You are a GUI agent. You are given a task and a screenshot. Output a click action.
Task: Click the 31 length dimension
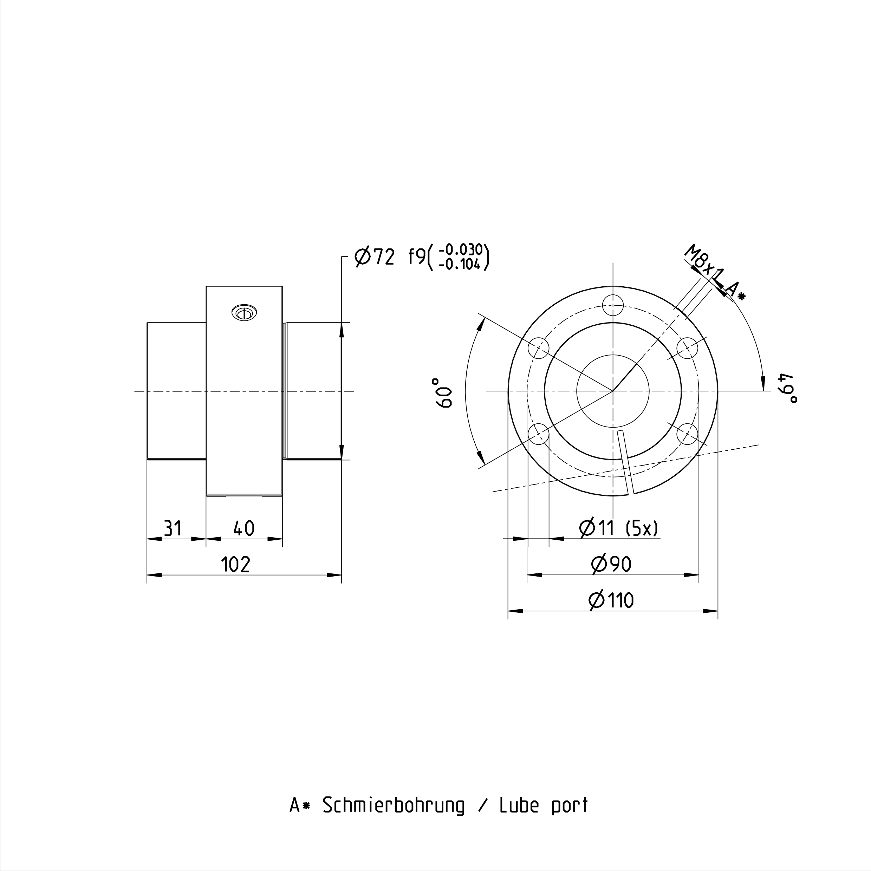pyautogui.click(x=173, y=528)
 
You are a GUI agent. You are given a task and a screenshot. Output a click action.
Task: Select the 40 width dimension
pyautogui.click(x=244, y=528)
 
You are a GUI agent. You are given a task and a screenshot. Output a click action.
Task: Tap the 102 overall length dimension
pyautogui.click(x=235, y=564)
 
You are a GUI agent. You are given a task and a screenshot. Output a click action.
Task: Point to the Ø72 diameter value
pyautogui.click(x=375, y=257)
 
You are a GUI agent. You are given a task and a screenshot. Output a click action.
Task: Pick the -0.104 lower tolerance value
pyautogui.click(x=460, y=264)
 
